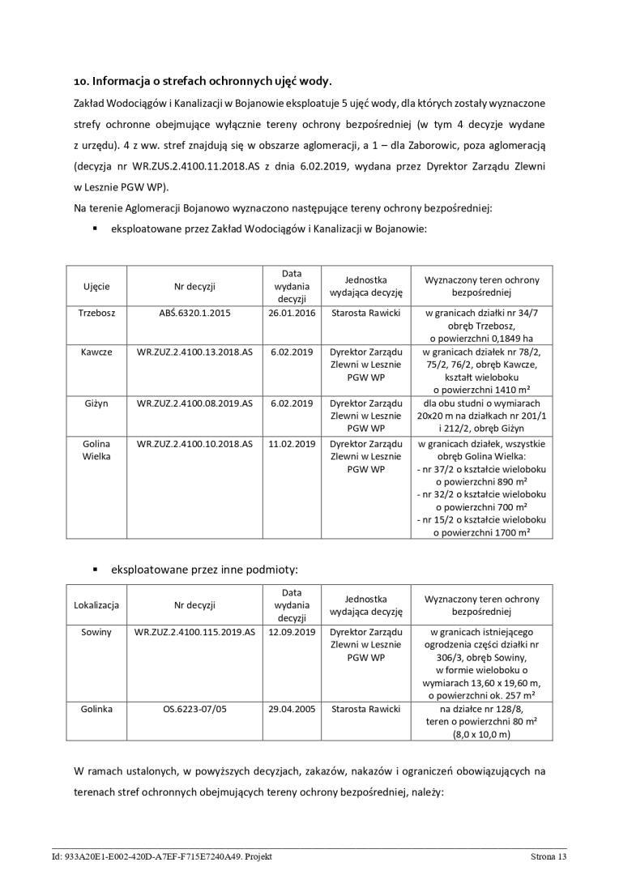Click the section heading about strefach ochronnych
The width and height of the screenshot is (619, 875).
pos(203,81)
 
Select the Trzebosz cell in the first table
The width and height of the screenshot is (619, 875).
pos(96,313)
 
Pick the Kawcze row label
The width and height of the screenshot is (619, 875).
pos(96,352)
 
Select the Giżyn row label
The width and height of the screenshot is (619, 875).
pos(96,403)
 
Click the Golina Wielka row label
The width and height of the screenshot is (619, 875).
pos(96,450)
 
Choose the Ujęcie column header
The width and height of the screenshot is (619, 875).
pos(96,286)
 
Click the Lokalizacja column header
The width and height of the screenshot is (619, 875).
pos(96,604)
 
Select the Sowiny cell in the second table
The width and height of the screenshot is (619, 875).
pos(96,631)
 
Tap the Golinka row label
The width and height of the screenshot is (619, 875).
pos(96,709)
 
